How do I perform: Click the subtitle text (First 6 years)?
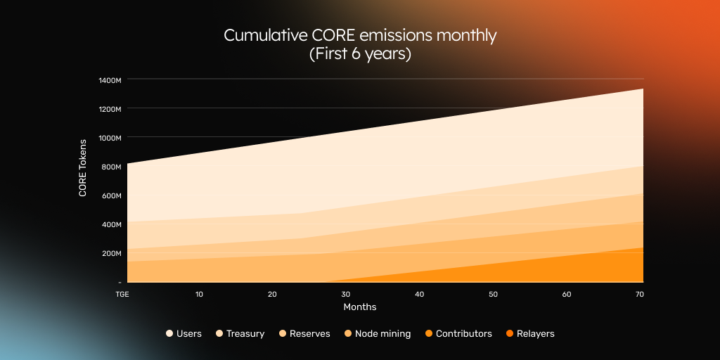[359, 54]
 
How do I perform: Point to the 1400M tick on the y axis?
[110, 80]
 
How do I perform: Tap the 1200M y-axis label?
[110, 109]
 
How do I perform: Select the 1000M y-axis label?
[110, 138]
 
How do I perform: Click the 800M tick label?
[112, 167]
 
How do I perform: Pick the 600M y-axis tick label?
[112, 195]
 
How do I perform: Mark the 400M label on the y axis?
[112, 224]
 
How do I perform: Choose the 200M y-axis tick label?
[112, 253]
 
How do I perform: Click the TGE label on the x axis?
[122, 294]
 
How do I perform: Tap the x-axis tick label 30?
[345, 294]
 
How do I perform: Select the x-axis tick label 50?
[493, 294]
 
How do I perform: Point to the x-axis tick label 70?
[639, 294]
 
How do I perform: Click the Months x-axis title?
[359, 307]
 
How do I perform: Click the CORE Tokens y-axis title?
[83, 167]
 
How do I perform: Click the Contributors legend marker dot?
[428, 334]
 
